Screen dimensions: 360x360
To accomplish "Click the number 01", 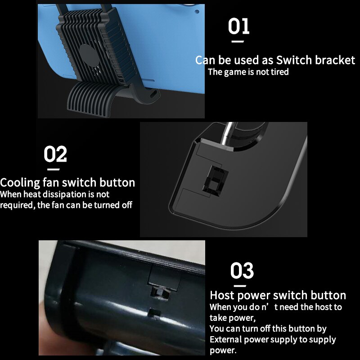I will tap(238, 27).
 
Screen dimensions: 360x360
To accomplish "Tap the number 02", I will tap(55, 154).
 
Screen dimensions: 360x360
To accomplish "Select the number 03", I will tap(242, 271).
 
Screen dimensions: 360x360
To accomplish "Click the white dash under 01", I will tap(237, 41).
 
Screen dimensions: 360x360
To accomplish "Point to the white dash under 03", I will tap(239, 286).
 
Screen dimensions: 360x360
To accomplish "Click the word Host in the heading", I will tap(223, 296).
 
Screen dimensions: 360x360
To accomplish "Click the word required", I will tap(15, 205).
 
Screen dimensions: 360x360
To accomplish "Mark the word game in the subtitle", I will tap(235, 72).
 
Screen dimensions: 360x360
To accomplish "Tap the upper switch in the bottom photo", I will tap(158, 294).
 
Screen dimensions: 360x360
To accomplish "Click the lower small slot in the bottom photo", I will tap(154, 312).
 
